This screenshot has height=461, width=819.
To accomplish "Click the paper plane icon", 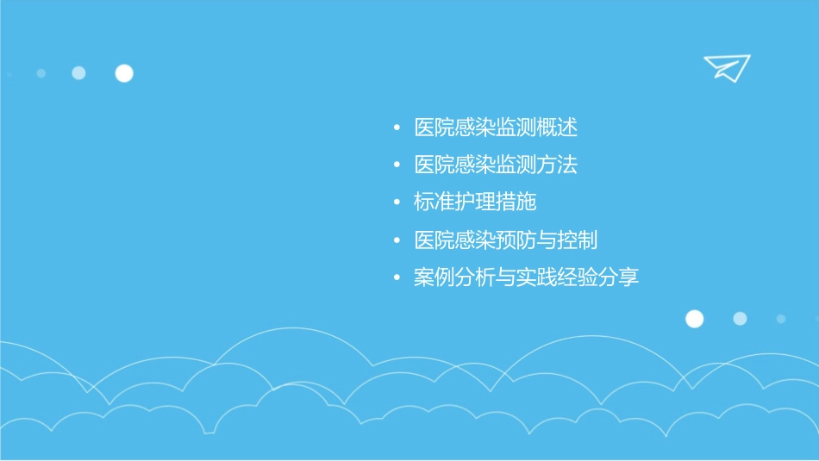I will point(727,67).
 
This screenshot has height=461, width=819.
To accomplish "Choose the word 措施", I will point(516,202).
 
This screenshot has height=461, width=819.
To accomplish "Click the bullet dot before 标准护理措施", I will point(397,203).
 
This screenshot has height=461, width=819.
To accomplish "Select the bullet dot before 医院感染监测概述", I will point(397,128).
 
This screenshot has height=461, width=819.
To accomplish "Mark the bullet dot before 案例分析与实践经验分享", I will point(397,278).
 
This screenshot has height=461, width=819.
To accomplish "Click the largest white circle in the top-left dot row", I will point(124,73).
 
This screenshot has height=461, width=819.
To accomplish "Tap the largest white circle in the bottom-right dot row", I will point(695,319).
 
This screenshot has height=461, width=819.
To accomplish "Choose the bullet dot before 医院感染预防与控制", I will point(397,240).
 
